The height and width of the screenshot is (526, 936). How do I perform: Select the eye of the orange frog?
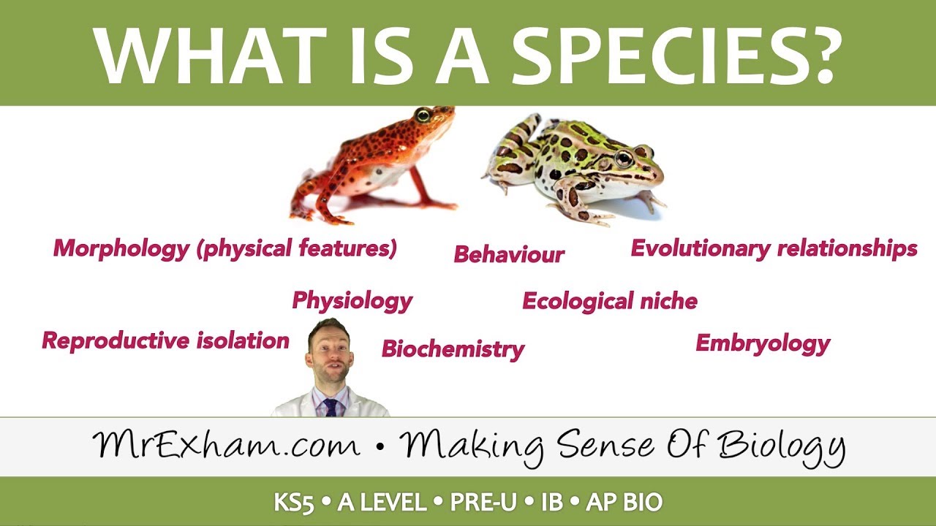(x=423, y=115)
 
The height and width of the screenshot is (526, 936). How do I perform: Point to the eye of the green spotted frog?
(x=623, y=159)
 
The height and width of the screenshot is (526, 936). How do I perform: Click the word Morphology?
(x=121, y=248)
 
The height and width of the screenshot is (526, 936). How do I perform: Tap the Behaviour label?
(x=509, y=254)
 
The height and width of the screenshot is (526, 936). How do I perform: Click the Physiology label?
(x=352, y=300)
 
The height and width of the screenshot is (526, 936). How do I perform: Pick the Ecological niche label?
(x=610, y=300)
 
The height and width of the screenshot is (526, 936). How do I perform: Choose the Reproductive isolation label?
(x=165, y=340)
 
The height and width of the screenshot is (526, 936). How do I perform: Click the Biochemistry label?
(x=453, y=348)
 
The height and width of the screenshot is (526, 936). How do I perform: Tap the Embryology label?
(x=763, y=343)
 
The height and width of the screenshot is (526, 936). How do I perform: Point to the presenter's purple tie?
(x=331, y=406)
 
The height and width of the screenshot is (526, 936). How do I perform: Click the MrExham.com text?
(x=227, y=445)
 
